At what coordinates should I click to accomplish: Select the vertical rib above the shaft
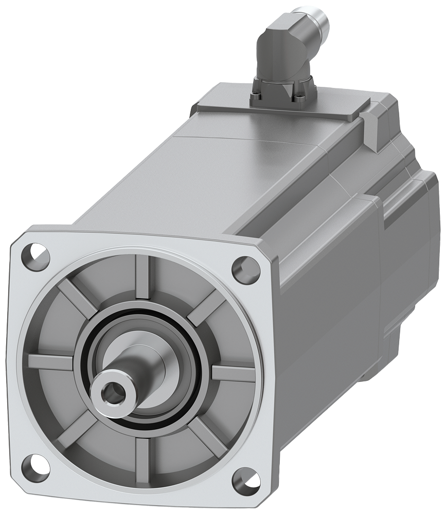[143, 278]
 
